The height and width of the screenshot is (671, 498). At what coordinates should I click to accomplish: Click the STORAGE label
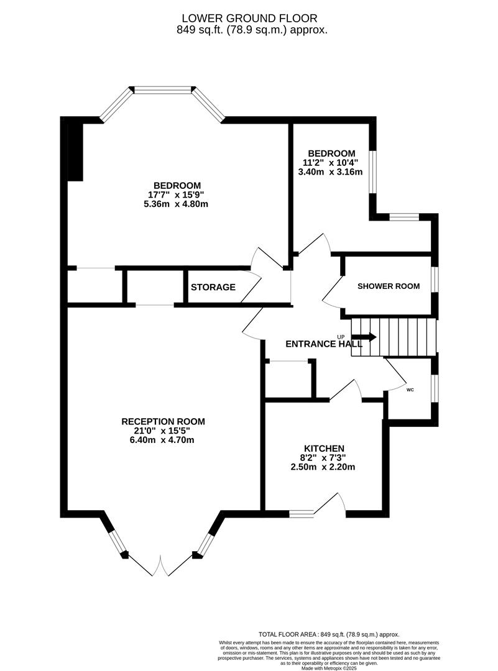tap(213, 287)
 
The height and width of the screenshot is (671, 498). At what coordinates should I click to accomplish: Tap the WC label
tap(410, 390)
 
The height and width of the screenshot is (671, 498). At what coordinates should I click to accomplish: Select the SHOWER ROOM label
tap(389, 286)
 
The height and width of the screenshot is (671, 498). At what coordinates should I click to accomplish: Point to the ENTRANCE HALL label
tap(324, 344)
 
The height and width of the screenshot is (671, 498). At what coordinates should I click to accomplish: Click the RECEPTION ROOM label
tap(163, 421)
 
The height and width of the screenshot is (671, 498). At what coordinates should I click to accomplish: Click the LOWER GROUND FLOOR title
tap(250, 19)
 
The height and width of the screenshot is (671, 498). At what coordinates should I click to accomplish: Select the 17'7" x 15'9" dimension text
tap(177, 194)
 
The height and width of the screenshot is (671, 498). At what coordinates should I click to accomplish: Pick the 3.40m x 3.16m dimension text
tap(330, 171)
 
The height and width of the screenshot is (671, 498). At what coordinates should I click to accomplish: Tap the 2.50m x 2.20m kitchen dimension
tap(323, 467)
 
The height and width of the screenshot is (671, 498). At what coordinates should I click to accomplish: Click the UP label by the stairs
tap(341, 336)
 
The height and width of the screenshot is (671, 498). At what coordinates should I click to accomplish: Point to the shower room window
tap(435, 280)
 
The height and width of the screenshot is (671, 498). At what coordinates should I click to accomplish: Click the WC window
tap(435, 388)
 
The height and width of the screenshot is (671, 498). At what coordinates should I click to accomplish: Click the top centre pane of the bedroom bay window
tap(163, 90)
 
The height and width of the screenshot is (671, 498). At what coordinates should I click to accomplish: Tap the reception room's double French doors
tap(160, 566)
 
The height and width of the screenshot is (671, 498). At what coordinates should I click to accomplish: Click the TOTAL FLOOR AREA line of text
tap(329, 634)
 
